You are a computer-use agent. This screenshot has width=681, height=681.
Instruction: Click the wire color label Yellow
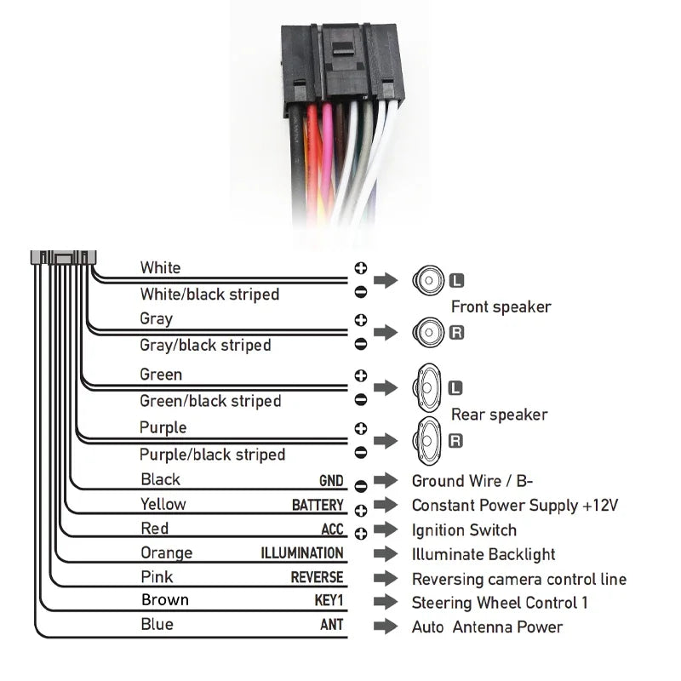(x=163, y=504)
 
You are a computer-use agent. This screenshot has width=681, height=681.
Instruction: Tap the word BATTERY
(x=318, y=506)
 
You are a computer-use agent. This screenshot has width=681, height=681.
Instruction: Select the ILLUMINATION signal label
(x=302, y=553)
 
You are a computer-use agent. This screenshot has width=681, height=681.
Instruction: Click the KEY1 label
(x=329, y=601)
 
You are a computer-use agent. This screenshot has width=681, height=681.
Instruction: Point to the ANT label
(x=332, y=625)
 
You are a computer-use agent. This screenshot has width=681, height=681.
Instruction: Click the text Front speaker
(x=501, y=306)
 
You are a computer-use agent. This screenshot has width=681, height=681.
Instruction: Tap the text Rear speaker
(x=499, y=415)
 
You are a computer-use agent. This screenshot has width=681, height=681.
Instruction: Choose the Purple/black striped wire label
(x=212, y=455)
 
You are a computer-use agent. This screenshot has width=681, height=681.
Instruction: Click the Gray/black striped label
(x=205, y=345)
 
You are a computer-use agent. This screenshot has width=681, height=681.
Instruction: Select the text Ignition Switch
(x=464, y=530)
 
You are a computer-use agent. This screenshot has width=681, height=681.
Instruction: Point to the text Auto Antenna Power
(x=487, y=627)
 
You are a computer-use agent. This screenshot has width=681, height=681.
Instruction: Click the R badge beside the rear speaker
(x=455, y=440)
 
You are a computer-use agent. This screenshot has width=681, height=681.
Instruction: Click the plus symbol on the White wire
(x=360, y=268)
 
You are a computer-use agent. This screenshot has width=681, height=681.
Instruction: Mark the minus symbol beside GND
(x=360, y=485)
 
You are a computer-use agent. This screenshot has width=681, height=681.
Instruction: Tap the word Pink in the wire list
(x=157, y=577)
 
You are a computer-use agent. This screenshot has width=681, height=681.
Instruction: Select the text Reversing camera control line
(x=518, y=580)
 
